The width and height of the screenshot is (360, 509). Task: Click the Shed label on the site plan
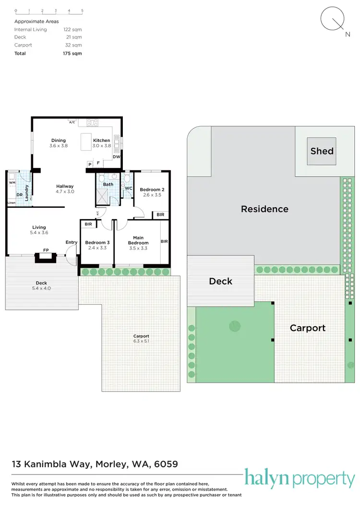click(x=322, y=151)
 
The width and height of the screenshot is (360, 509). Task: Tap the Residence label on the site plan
click(x=264, y=209)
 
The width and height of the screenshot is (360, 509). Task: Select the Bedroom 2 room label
click(x=152, y=190)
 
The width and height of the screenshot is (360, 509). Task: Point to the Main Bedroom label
click(x=138, y=240)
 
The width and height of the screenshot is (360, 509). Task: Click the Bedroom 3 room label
click(x=97, y=243)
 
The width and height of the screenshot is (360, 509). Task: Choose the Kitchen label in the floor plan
click(x=101, y=141)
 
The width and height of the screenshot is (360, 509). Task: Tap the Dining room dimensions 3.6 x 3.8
click(x=59, y=145)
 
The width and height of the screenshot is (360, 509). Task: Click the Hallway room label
click(x=65, y=186)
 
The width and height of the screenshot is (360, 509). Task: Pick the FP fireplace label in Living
click(x=46, y=250)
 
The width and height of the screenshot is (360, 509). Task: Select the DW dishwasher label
click(x=116, y=157)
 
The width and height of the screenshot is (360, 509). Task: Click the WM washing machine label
click(x=12, y=183)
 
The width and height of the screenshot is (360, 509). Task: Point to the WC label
click(x=128, y=188)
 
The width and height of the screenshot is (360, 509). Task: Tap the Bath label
click(x=108, y=184)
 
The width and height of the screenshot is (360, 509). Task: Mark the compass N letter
click(x=347, y=35)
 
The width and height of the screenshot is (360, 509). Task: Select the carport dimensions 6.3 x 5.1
click(x=141, y=341)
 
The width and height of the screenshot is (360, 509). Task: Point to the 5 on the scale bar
click(x=82, y=10)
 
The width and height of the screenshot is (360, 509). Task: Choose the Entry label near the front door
click(x=72, y=242)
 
